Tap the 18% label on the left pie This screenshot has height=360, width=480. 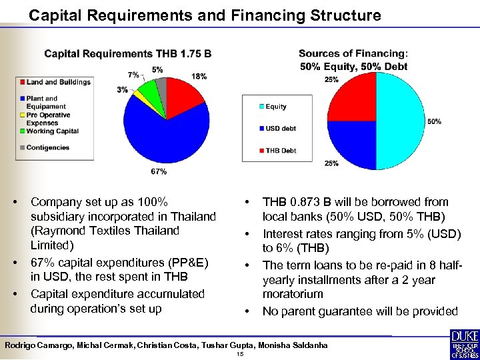point(198,77)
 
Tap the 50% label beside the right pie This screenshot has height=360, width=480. point(434,122)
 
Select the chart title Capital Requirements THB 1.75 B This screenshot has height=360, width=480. point(128,53)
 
